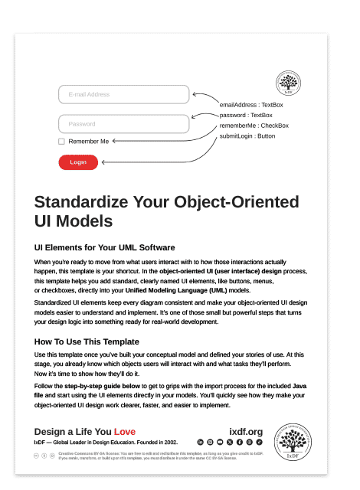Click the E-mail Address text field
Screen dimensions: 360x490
point(123,94)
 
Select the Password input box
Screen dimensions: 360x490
point(123,123)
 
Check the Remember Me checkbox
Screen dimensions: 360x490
point(61,142)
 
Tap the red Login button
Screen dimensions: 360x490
point(78,162)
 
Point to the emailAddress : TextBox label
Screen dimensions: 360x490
point(251,105)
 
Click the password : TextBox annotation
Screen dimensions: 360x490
point(246,115)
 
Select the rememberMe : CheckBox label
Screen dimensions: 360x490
point(254,126)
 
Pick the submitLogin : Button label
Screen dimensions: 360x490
point(247,136)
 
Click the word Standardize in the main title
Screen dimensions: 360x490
point(80,203)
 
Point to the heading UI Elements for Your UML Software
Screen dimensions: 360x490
point(105,247)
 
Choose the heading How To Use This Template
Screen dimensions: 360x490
point(87,341)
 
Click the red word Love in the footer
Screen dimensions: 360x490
point(125,432)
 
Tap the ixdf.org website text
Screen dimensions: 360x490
point(246,432)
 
